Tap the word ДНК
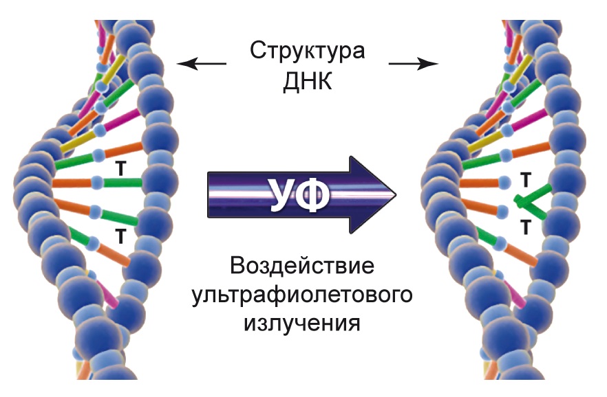(307, 83)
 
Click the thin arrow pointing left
(201, 65)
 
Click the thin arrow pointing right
(413, 65)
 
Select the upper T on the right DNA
(525, 181)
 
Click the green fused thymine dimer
(532, 201)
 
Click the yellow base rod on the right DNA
(485, 140)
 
